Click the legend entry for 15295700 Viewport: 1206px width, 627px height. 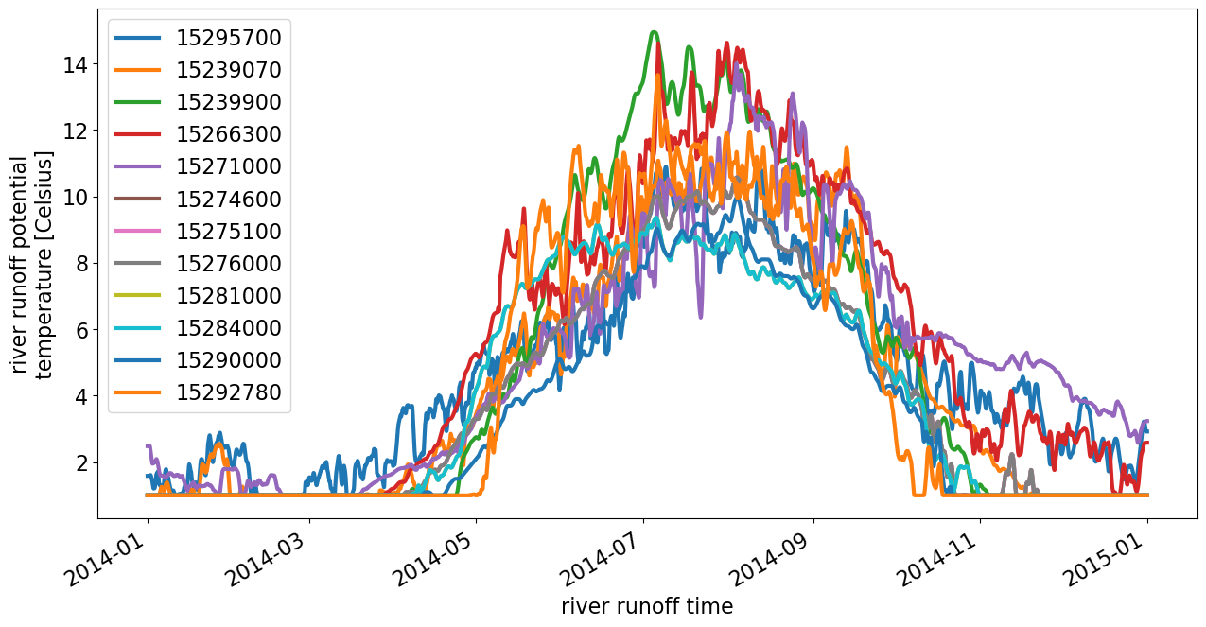click(228, 38)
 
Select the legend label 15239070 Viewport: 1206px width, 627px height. click(228, 70)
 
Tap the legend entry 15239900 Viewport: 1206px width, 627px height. click(228, 102)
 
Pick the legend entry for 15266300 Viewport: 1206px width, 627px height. click(228, 134)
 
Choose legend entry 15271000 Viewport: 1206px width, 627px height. click(228, 166)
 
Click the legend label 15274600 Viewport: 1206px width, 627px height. click(228, 200)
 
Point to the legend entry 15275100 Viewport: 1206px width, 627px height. click(228, 232)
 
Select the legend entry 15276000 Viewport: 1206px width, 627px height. click(228, 264)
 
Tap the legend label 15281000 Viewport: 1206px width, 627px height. click(228, 296)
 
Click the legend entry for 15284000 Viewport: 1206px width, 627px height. click(228, 328)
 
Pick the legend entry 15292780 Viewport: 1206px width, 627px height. click(228, 392)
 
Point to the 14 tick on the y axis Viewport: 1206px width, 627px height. click(77, 64)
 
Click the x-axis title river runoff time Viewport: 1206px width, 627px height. click(647, 606)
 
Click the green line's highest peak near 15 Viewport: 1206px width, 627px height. click(654, 32)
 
